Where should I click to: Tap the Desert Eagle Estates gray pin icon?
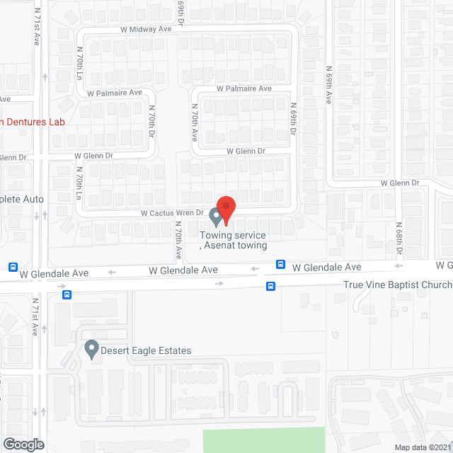click(91, 348)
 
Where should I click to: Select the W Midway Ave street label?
click(147, 29)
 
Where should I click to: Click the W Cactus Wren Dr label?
click(172, 212)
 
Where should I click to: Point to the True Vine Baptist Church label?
click(398, 285)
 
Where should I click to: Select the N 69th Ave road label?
click(329, 86)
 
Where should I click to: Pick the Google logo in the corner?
click(23, 444)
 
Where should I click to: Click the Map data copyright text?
click(422, 447)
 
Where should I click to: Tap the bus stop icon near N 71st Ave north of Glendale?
click(13, 267)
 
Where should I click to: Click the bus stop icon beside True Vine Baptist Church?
click(270, 286)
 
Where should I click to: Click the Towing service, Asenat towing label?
click(234, 240)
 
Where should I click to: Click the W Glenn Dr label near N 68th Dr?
click(400, 183)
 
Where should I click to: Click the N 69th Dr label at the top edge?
click(181, 11)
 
